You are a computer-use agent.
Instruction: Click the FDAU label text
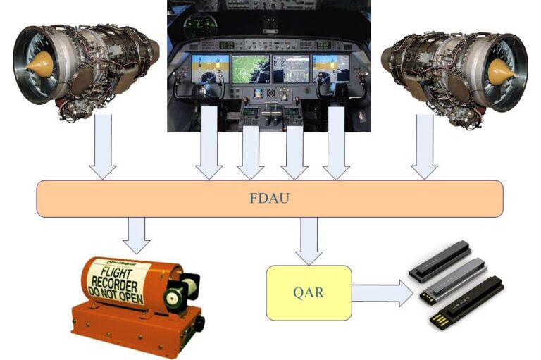click(x=270, y=198)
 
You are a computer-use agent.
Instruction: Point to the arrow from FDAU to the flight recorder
click(x=136, y=235)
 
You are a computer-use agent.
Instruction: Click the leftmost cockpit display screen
click(x=211, y=69)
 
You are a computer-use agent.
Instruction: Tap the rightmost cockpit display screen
click(x=331, y=69)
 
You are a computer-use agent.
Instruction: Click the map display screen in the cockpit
click(x=250, y=69)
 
